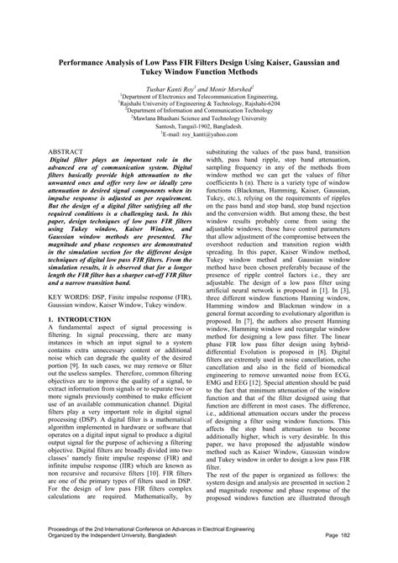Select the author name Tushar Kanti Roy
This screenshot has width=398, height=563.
pos(167,88)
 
